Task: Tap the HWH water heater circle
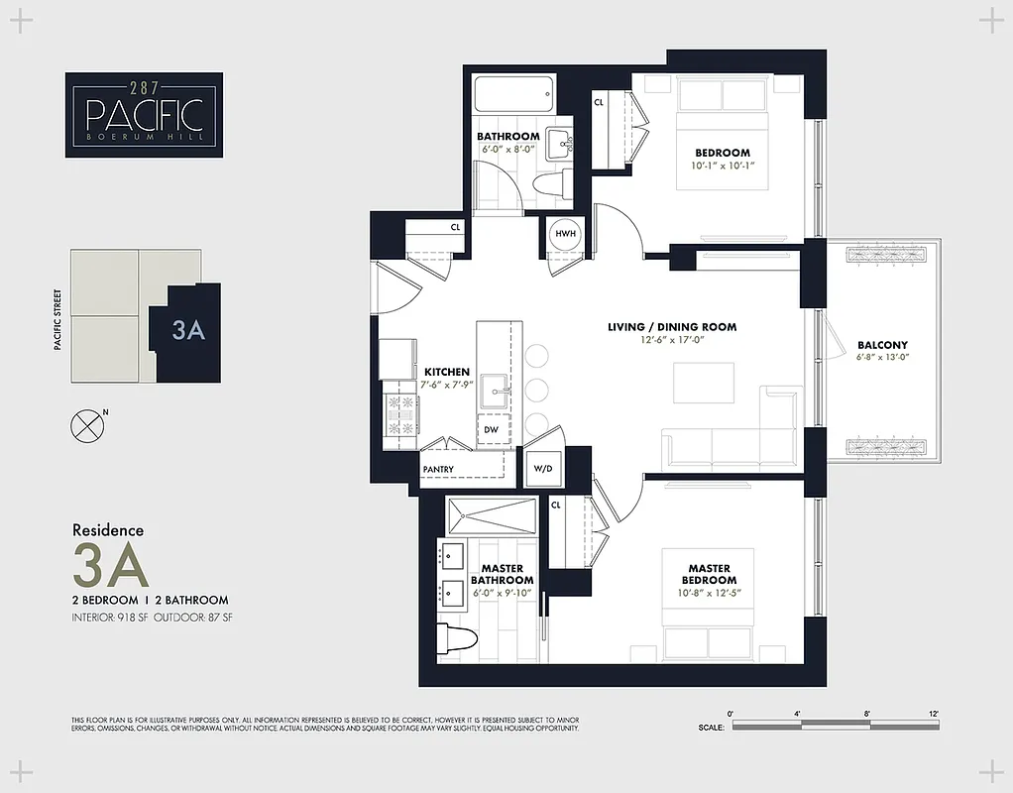pyautogui.click(x=566, y=234)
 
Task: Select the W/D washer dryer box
pyautogui.click(x=543, y=468)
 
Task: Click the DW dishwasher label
pyautogui.click(x=491, y=430)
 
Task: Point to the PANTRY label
pyautogui.click(x=438, y=470)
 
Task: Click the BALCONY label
pyautogui.click(x=882, y=345)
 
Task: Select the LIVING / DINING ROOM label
pyautogui.click(x=672, y=327)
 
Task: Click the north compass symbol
pyautogui.click(x=87, y=424)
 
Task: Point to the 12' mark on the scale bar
pyautogui.click(x=934, y=713)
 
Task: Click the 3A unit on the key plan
pyautogui.click(x=187, y=330)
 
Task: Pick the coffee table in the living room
pyautogui.click(x=703, y=382)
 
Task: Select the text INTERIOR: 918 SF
pyautogui.click(x=110, y=618)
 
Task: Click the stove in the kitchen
pyautogui.click(x=400, y=414)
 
